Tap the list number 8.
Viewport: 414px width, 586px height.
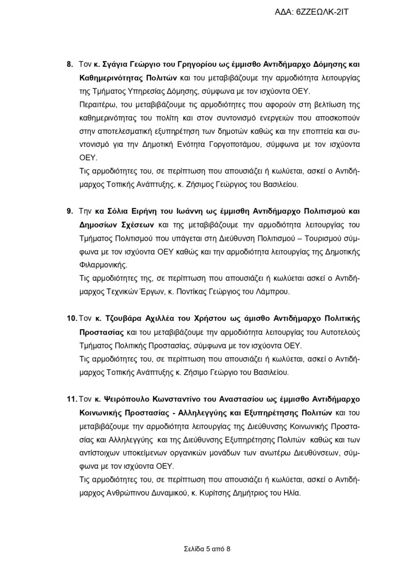[69, 64]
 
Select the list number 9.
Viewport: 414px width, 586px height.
[69, 211]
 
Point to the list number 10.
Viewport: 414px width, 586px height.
[71, 318]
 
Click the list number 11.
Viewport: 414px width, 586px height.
[71, 399]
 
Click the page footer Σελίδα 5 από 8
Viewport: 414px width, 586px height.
[207, 548]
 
